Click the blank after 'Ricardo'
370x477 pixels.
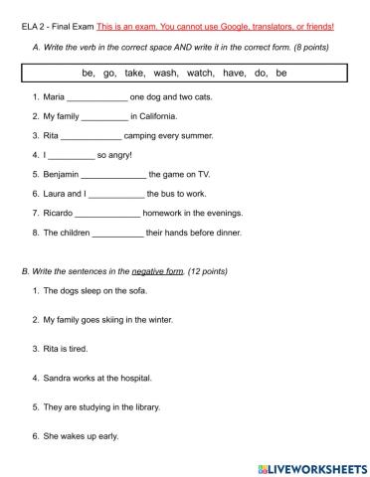point(107,212)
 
